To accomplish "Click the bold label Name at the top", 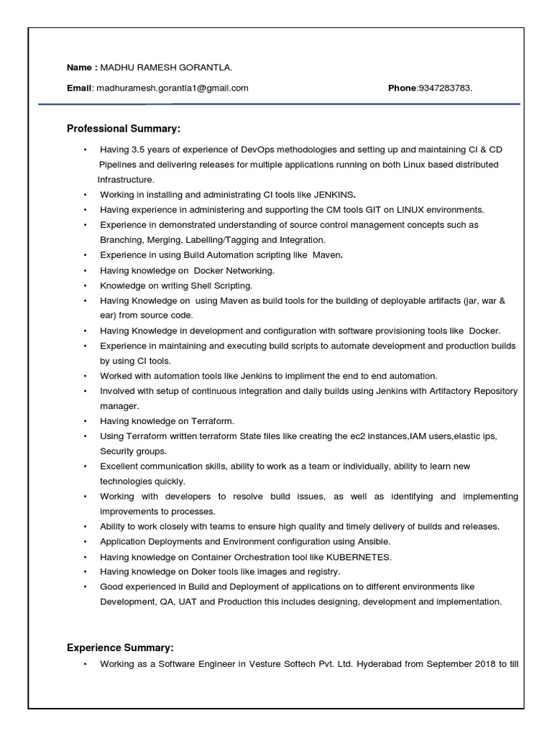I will (x=79, y=68).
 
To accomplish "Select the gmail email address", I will (x=172, y=88).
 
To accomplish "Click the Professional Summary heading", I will (x=124, y=129).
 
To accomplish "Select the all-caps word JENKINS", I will (x=336, y=195).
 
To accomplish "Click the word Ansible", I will (x=374, y=541).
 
